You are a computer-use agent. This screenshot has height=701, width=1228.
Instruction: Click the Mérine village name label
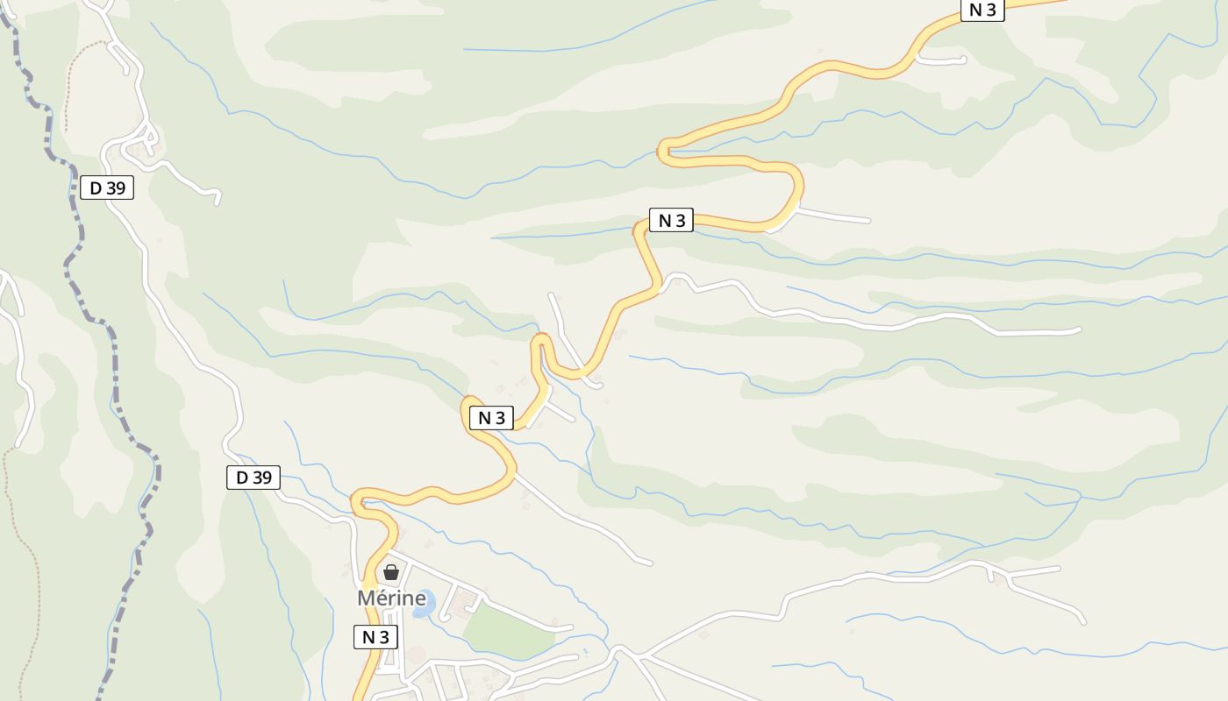(x=391, y=598)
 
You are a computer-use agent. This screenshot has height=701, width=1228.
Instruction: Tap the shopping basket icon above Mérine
(x=391, y=573)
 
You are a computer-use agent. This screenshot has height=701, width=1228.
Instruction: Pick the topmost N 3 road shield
(x=982, y=11)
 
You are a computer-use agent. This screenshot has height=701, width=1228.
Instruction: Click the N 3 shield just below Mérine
(x=375, y=637)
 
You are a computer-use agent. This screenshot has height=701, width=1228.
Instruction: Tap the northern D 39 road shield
(x=107, y=187)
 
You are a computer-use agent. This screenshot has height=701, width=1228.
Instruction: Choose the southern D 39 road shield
(x=253, y=478)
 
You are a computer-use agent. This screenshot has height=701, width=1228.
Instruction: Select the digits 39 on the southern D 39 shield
(x=261, y=478)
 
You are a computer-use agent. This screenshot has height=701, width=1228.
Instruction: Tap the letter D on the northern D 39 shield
(x=96, y=187)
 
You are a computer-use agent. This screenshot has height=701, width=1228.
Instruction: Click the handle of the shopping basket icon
(x=391, y=568)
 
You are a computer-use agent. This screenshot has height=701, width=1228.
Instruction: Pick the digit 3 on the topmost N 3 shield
(x=991, y=11)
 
